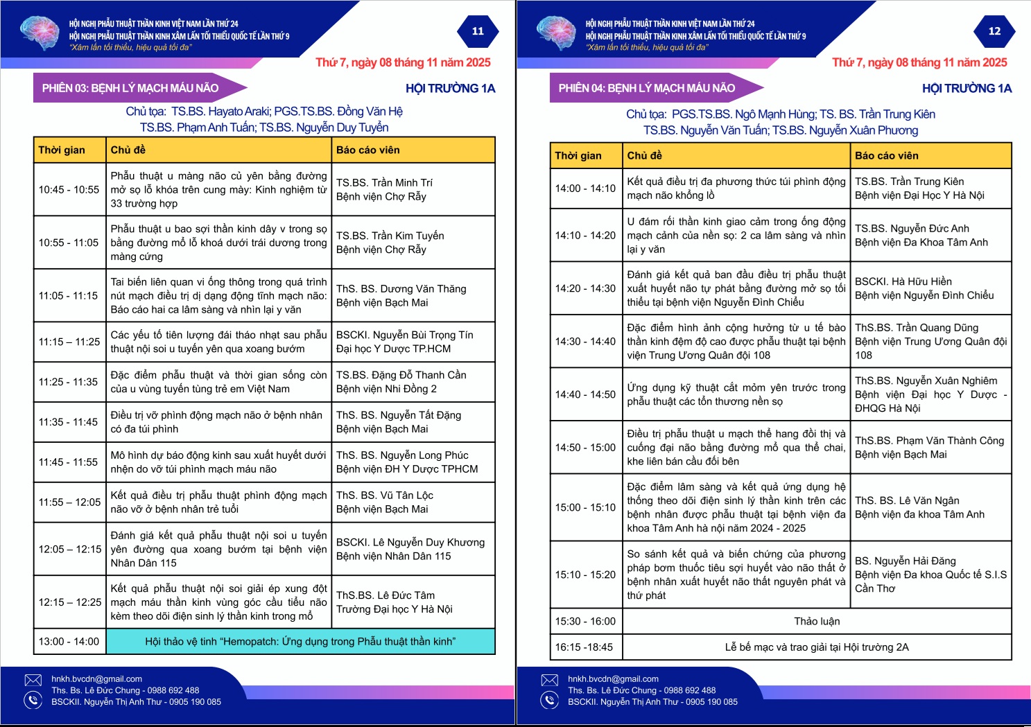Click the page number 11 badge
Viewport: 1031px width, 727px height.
click(x=478, y=31)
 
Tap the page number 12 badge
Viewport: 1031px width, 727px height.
click(x=994, y=31)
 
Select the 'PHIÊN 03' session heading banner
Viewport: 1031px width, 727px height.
click(x=131, y=88)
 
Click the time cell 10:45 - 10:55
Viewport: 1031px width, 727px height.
click(x=69, y=189)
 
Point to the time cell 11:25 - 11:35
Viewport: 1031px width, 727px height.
click(x=69, y=382)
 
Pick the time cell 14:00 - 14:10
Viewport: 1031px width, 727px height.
click(x=585, y=188)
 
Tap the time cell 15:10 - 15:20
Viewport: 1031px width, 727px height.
click(x=585, y=575)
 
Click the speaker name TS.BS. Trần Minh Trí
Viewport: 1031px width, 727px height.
click(x=384, y=183)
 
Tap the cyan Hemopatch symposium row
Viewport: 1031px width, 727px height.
click(x=300, y=642)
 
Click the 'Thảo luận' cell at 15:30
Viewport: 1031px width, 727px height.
click(x=817, y=621)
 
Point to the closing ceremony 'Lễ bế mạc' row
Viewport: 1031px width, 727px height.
click(x=817, y=647)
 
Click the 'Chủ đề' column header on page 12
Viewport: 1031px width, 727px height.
click(x=645, y=155)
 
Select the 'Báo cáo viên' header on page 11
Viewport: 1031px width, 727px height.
click(x=368, y=150)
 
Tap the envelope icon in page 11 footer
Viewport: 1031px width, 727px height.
click(x=33, y=680)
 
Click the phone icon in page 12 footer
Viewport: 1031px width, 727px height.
click(x=550, y=701)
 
